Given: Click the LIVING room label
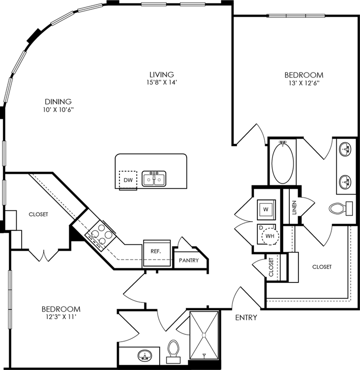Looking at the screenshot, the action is click(162, 75).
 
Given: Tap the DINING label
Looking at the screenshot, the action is click(58, 102).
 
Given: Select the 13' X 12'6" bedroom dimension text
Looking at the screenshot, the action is click(304, 83).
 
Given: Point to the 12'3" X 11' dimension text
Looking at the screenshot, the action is click(61, 317).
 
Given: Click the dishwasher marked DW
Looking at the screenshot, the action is click(128, 180).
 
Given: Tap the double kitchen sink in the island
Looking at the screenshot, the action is click(154, 179).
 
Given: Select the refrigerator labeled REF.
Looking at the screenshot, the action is click(157, 253).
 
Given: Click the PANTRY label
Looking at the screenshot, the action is click(189, 260).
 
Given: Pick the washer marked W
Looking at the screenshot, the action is click(266, 209).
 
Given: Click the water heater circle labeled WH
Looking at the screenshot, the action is click(270, 236).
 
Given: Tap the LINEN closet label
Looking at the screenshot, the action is click(294, 207).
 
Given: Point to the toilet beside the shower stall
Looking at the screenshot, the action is click(173, 351).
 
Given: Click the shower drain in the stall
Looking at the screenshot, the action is click(204, 335).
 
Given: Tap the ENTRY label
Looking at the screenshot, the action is click(246, 317).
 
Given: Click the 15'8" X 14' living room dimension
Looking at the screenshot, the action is click(162, 82).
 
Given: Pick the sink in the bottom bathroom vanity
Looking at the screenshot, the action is click(145, 356).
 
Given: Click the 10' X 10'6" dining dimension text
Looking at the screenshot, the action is click(59, 110).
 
